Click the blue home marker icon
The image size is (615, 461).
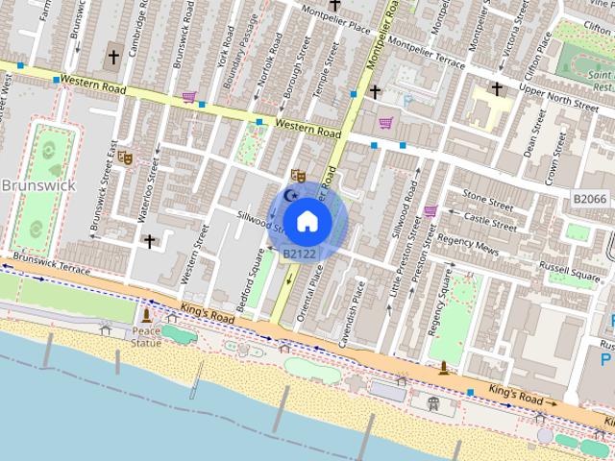[307, 221]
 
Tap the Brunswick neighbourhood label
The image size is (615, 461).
[32, 184]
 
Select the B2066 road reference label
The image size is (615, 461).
[589, 199]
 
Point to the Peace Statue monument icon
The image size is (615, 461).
[146, 315]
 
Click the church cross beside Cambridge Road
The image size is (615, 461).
[113, 58]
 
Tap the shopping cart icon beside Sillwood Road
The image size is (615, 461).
[430, 210]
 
